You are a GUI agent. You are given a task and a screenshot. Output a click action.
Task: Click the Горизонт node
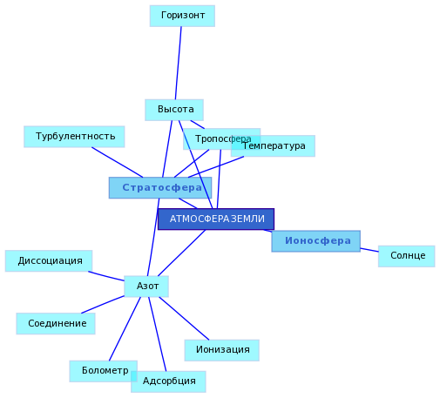pyautogui.click(x=182, y=16)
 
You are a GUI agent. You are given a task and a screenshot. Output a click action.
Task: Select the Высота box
pyautogui.click(x=174, y=110)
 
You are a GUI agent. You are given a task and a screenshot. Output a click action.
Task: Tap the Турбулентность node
pyautogui.click(x=74, y=137)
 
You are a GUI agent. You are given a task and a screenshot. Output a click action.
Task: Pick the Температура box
pyautogui.click(x=273, y=145)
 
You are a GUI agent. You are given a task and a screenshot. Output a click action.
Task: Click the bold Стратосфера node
pyautogui.click(x=160, y=188)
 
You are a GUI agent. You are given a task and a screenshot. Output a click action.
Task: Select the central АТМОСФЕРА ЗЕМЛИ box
pyautogui.click(x=216, y=219)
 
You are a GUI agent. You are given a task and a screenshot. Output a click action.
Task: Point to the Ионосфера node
pyautogui.click(x=316, y=241)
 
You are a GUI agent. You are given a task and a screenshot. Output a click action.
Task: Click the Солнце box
pyautogui.click(x=406, y=256)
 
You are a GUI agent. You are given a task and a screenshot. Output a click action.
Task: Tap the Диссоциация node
pyautogui.click(x=49, y=261)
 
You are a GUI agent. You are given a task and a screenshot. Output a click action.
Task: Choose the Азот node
pyautogui.click(x=146, y=287)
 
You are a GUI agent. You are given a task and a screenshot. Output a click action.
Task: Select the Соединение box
pyautogui.click(x=56, y=324)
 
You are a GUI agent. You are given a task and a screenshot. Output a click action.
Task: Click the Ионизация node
pyautogui.click(x=222, y=350)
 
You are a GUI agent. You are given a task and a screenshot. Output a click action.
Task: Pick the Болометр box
pyautogui.click(x=104, y=371)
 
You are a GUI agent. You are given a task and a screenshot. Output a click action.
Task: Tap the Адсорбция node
pyautogui.click(x=168, y=381)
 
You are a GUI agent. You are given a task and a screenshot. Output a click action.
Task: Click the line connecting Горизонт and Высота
pyautogui.click(x=179, y=63)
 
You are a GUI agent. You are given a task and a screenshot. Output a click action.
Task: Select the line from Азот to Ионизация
pyautogui.click(x=184, y=319)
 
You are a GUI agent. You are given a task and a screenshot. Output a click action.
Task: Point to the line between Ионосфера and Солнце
pyautogui.click(x=369, y=250)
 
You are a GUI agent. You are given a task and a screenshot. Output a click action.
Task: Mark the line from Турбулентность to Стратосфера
pyautogui.click(x=118, y=162)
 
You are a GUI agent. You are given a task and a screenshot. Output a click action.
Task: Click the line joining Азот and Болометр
pyautogui.click(x=125, y=329)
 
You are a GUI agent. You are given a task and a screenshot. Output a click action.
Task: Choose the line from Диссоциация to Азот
pyautogui.click(x=106, y=276)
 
